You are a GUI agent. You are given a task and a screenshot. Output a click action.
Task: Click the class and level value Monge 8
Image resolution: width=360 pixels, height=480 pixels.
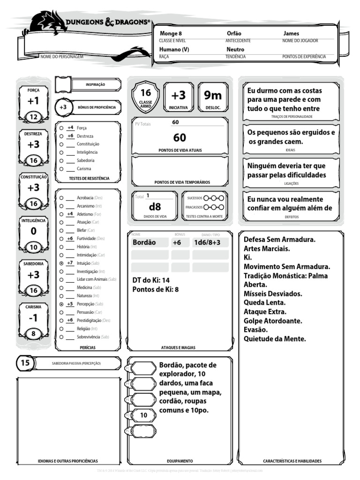(171, 34)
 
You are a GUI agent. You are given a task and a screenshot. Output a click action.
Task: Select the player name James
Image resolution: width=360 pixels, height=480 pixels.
(291, 34)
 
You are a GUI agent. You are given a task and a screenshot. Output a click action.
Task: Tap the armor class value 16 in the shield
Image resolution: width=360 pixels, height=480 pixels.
(146, 93)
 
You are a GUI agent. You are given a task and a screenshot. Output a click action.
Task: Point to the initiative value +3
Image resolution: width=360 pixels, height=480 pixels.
(178, 96)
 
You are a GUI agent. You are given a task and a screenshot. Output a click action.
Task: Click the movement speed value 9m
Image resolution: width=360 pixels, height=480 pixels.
(213, 96)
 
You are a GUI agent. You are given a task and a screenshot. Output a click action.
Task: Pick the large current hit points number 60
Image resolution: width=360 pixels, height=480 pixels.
(180, 137)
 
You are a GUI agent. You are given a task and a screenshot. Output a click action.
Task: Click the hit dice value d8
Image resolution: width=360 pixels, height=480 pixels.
(155, 207)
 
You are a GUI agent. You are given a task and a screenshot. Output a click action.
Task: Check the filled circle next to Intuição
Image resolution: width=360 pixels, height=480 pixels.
(61, 263)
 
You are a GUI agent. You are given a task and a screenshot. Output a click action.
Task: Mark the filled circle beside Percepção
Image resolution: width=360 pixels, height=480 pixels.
(61, 304)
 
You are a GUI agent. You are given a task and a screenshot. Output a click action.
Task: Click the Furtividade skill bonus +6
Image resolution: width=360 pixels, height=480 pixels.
(69, 239)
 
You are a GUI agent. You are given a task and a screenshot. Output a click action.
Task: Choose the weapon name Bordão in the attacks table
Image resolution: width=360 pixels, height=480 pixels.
(144, 242)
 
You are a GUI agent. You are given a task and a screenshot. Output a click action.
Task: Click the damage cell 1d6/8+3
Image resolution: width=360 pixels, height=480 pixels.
(210, 242)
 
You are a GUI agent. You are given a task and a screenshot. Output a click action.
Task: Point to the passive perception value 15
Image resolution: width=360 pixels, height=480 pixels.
(25, 363)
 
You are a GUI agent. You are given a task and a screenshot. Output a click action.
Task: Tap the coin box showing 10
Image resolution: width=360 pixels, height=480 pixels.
(143, 415)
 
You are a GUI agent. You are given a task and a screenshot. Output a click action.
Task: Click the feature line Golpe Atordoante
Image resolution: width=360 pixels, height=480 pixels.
(273, 321)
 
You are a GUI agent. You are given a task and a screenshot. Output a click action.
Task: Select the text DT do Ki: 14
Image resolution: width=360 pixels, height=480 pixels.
(151, 280)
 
